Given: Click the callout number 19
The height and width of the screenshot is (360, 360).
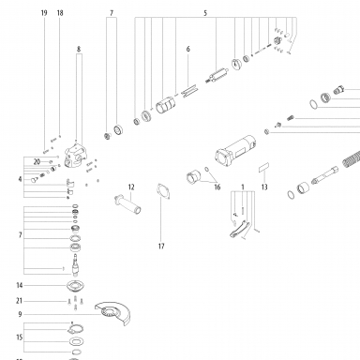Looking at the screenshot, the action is point(44,13).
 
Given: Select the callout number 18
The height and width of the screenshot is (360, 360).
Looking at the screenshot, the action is point(60,13).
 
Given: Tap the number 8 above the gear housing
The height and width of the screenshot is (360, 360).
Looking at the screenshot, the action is point(79,49).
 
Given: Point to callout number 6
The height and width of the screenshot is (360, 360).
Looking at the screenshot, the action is point(188,49).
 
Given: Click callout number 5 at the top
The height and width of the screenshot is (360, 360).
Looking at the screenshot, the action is point(205,13).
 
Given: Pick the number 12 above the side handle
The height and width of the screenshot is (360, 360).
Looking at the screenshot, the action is point(131,187).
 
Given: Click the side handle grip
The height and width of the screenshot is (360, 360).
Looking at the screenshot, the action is point(128,205).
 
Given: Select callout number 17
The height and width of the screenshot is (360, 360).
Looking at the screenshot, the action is point(161,247).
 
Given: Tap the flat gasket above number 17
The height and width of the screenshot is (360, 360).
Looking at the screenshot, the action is point(164,191).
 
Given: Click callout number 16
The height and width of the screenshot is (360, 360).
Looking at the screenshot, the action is point(217,187).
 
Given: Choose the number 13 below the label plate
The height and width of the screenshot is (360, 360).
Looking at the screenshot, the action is point(264,187).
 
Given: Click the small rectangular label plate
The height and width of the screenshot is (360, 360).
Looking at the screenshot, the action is point(264,167).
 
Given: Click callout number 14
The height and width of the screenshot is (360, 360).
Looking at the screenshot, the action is point(20,285).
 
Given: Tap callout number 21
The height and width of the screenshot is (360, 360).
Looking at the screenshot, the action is point(20,301).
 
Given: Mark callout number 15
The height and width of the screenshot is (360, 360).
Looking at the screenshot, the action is point(20,337).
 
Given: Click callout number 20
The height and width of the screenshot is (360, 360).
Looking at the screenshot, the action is point(37,162).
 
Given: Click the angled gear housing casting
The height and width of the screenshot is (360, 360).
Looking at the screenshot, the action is point(76,155).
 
